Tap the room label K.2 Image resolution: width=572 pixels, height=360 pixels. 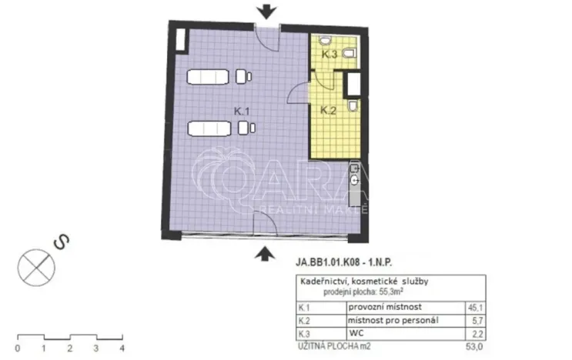click(329, 109)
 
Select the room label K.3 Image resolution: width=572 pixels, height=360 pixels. click(329, 55)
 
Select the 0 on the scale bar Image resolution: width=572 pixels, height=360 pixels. click(18, 348)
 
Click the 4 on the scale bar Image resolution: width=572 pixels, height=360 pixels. click(122, 348)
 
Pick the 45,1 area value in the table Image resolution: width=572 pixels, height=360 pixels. click(473, 307)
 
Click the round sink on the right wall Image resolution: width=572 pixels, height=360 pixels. click(355, 180)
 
